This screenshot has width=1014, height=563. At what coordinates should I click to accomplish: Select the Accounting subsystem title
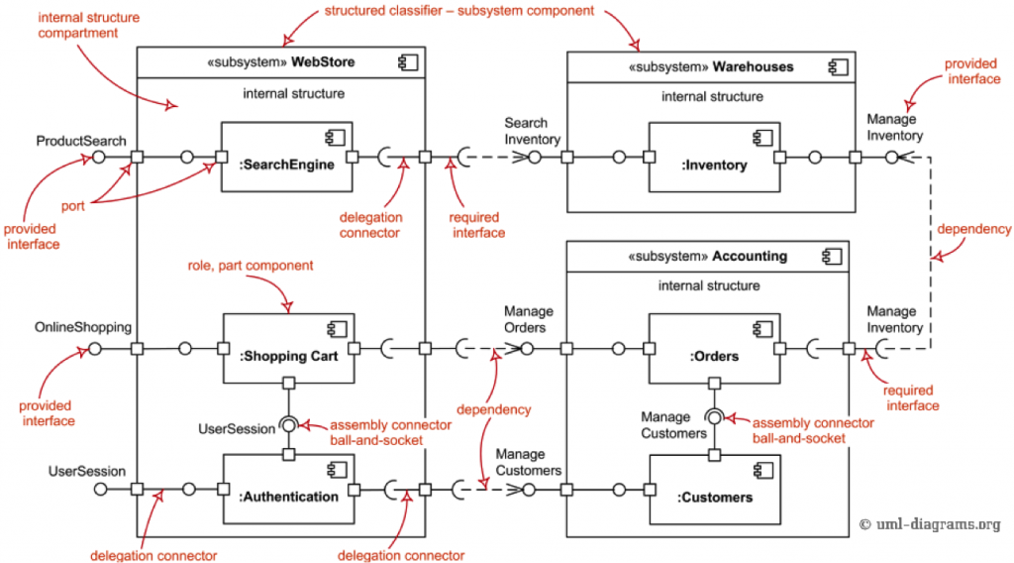(x=707, y=256)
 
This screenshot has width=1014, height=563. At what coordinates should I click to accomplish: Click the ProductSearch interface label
(x=81, y=141)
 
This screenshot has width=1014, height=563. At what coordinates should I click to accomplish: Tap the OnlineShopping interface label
(x=83, y=326)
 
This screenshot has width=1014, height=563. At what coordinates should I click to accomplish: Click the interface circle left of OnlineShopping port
(x=95, y=349)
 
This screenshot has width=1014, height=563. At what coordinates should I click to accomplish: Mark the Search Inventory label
(x=526, y=131)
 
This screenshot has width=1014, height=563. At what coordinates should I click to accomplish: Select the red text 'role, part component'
(x=251, y=266)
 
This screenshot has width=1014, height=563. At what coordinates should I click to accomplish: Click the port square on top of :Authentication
(x=288, y=455)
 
